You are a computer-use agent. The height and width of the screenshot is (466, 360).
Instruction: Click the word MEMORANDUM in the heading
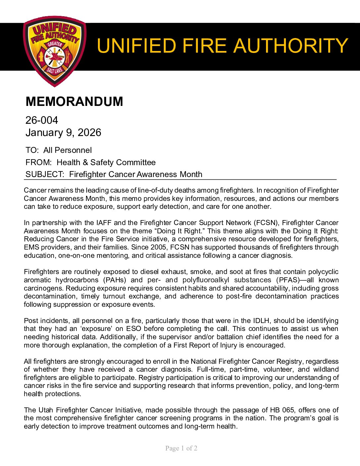(x=74, y=102)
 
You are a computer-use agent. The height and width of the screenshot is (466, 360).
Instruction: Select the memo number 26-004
(x=42, y=120)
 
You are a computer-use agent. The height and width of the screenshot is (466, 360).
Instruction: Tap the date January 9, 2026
(x=63, y=132)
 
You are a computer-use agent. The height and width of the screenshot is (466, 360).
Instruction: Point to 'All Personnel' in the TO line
(x=67, y=150)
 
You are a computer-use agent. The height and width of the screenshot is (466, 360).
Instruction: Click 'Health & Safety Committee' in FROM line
(x=106, y=163)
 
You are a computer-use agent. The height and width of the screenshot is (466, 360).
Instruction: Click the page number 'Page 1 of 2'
(x=181, y=448)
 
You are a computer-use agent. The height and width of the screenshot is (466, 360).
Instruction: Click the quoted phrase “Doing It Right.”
(x=179, y=231)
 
